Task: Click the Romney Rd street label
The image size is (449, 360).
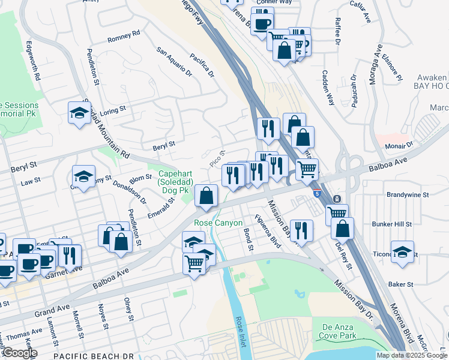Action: click(124, 36)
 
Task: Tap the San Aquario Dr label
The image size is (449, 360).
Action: click(175, 63)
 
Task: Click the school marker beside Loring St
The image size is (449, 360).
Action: click(79, 113)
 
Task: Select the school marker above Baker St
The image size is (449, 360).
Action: click(403, 252)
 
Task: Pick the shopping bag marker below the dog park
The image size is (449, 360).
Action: click(206, 196)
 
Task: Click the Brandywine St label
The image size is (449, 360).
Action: click(408, 195)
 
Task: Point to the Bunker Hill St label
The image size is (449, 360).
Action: click(391, 224)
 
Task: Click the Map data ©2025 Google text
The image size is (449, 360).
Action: click(412, 355)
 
